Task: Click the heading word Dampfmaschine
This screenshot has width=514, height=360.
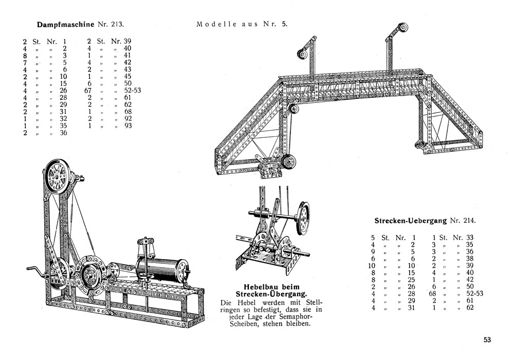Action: [x=66, y=25]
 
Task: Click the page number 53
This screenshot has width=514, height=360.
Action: [x=487, y=339]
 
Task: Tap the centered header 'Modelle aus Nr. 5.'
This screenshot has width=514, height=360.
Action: [x=242, y=24]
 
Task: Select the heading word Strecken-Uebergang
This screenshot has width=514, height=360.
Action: [x=410, y=221]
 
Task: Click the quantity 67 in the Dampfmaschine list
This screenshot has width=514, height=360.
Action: [x=88, y=91]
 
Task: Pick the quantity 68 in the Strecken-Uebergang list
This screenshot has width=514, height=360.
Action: [x=433, y=294]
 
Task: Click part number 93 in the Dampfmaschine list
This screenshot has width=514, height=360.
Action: [x=128, y=125]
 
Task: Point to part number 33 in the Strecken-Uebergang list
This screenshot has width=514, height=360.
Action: [x=470, y=238]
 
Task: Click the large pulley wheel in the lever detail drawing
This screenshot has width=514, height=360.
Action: [x=303, y=218]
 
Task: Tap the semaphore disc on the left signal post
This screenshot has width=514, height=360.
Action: [x=302, y=53]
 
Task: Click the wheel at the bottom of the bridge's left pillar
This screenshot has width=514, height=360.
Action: [x=288, y=162]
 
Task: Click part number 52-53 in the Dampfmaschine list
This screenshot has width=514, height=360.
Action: [x=133, y=91]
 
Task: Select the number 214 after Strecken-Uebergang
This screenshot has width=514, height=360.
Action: [x=469, y=221]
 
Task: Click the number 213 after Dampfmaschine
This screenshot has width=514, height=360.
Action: [x=117, y=25]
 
